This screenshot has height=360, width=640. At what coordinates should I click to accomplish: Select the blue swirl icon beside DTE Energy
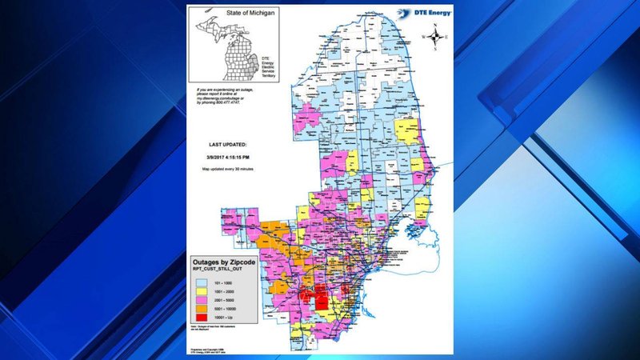tap(399, 13)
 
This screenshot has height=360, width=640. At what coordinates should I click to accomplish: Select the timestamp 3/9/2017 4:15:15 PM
tap(228, 158)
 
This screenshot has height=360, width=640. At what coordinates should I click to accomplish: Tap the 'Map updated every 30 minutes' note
tap(227, 171)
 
